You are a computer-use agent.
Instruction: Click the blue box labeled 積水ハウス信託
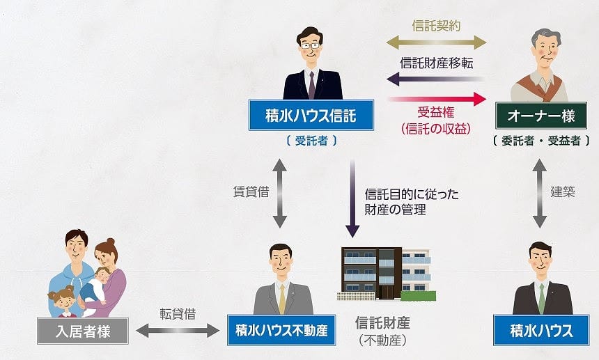point(311,115)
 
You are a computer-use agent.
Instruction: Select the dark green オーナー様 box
point(539,115)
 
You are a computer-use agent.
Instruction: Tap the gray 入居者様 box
point(83,331)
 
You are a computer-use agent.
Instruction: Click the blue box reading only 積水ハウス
point(541,330)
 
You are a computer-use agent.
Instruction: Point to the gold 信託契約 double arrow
point(437,42)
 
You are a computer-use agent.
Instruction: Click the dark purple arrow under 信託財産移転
point(437,79)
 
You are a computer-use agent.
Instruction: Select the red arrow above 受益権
point(437,99)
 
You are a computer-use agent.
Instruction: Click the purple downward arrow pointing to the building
point(353,198)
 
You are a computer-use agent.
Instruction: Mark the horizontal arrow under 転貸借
point(178,331)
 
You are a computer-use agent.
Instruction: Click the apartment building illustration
point(385,273)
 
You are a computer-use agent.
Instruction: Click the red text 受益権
point(436,114)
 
